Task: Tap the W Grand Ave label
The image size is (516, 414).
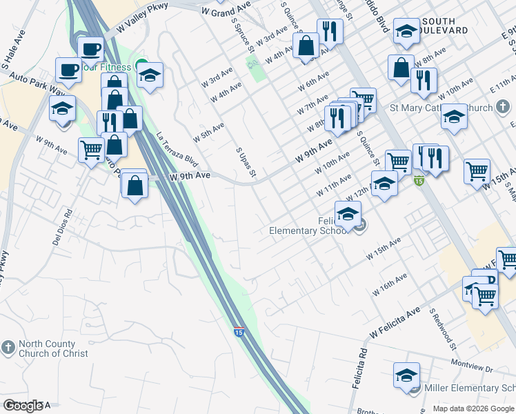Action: (226, 12)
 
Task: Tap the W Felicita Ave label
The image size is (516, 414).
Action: (395, 322)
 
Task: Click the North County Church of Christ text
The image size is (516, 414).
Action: (53, 348)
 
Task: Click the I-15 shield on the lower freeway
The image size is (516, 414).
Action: (239, 331)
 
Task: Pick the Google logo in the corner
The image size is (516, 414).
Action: (23, 406)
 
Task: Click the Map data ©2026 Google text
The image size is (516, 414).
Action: (473, 408)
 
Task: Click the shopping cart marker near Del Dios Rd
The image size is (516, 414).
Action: (91, 150)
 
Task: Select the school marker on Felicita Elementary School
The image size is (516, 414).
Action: (348, 213)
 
